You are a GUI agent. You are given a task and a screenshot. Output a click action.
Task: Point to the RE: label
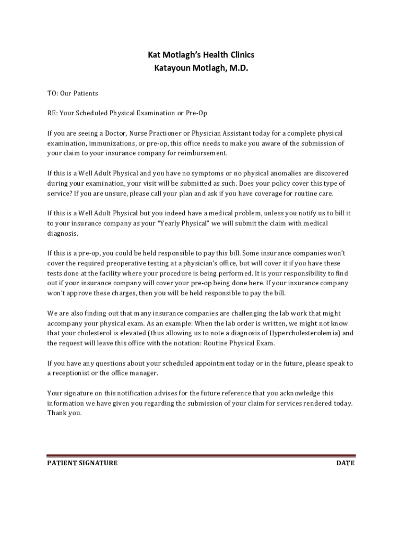pos(53,113)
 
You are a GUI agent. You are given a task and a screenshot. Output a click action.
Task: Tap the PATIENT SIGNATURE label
pos(82,463)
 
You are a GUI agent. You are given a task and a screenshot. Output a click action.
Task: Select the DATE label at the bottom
pos(345,463)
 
